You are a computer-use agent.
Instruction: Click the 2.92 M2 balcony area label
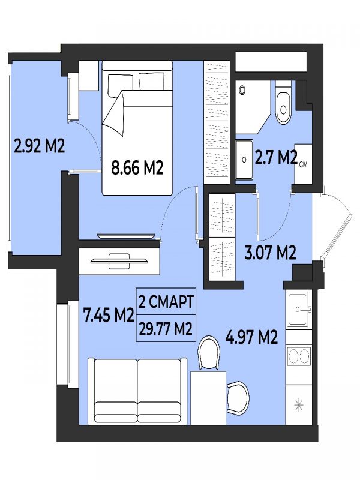pos(40,146)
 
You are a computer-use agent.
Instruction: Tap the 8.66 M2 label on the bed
pos(137,167)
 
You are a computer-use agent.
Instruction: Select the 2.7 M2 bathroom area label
pos(276,158)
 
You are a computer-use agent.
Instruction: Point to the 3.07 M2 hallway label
pos(271,253)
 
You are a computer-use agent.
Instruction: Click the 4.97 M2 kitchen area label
pos(251,337)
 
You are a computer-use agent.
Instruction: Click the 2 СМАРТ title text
pos(166,302)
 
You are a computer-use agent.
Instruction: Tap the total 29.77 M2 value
pos(166,329)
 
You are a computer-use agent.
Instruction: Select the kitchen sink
pos(299,310)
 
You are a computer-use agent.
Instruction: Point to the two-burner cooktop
pos(299,356)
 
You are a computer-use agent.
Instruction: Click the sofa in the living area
pos(137,391)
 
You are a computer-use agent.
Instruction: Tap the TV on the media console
pos(119,261)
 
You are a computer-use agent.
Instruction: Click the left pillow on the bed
pos(120,85)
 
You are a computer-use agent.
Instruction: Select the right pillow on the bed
pos(151,81)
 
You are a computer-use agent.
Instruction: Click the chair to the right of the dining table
pos(238,398)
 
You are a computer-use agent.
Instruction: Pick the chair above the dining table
pos(209,353)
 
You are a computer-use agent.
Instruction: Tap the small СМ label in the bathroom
pos(303,165)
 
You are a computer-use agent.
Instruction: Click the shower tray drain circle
pos(242,90)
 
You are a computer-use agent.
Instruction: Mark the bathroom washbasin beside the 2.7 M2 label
pos(244,160)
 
